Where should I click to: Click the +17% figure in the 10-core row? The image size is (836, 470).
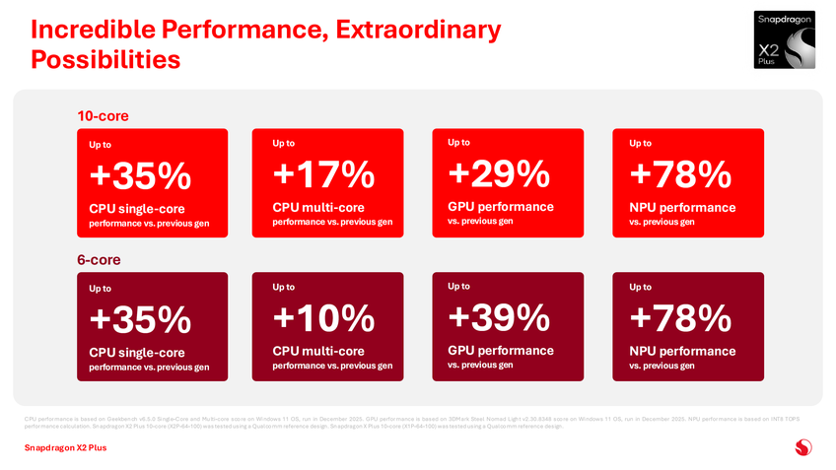323,175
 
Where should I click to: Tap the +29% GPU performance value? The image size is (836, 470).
498,174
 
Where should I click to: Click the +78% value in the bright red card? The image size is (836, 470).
679,175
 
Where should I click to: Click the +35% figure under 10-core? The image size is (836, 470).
139,177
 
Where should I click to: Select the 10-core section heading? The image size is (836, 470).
103,116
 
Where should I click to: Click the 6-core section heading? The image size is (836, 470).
100,259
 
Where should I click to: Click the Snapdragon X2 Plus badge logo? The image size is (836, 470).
786,40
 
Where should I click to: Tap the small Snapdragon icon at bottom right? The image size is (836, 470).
803,448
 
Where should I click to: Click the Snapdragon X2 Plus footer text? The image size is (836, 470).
65,448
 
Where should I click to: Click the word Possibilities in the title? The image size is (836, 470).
105,60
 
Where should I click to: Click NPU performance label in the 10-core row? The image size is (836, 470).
682,208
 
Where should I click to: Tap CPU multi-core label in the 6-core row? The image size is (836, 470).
317,351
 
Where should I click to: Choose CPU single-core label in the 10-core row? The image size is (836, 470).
136,209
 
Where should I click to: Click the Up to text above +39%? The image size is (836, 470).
458,286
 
